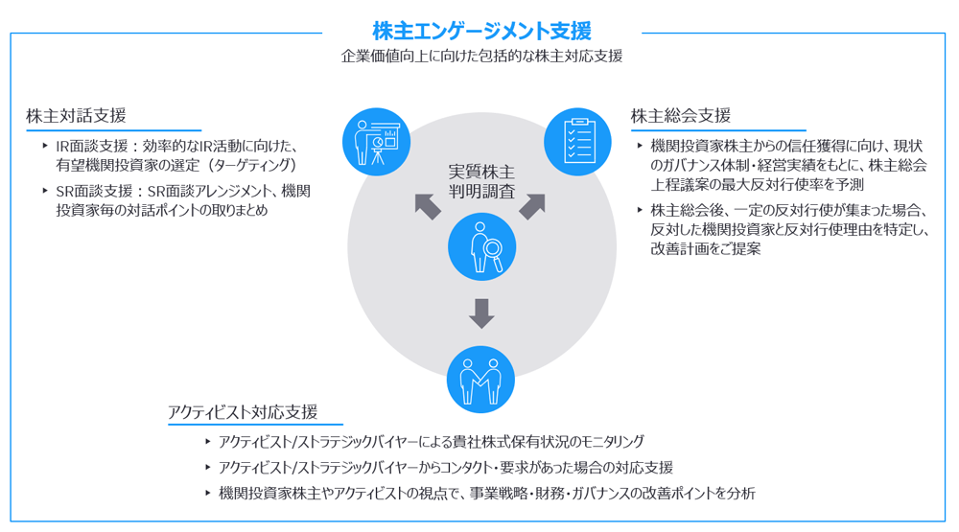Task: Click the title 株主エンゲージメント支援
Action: click(481, 32)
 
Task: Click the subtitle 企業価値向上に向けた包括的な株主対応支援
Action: click(481, 57)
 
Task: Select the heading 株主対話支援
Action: click(77, 116)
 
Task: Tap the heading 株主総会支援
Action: click(681, 116)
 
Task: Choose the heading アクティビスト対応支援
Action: click(242, 412)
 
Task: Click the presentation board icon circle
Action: click(376, 142)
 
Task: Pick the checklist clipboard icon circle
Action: click(577, 142)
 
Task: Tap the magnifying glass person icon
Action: click(481, 246)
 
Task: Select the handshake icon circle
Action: click(481, 379)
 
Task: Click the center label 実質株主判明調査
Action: click(481, 181)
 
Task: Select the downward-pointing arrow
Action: click(481, 312)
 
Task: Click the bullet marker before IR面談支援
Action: click(45, 146)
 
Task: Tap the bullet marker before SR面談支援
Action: click(45, 191)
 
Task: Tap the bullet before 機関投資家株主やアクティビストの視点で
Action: click(207, 493)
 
